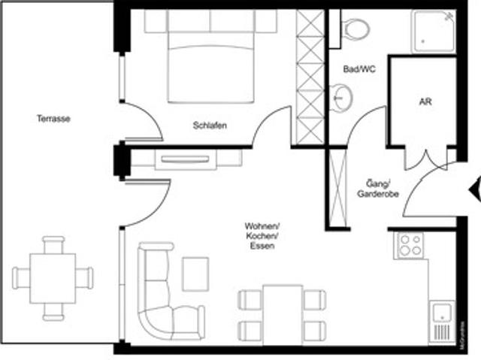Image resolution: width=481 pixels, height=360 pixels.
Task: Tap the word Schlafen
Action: pos(210,126)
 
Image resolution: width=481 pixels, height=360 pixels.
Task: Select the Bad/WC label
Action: pos(358,69)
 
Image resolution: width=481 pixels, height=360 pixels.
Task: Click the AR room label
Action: pos(425,101)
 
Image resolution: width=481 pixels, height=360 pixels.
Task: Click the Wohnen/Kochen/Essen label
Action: pos(262,237)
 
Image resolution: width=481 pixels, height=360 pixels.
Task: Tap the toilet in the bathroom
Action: pos(354,28)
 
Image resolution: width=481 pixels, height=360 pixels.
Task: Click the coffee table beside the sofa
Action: pos(195,274)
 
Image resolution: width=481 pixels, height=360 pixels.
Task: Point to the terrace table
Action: pos(53,277)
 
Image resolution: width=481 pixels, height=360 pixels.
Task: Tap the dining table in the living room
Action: pos(283,313)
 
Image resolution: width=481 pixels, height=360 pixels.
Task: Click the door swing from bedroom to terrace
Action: pos(143,120)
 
